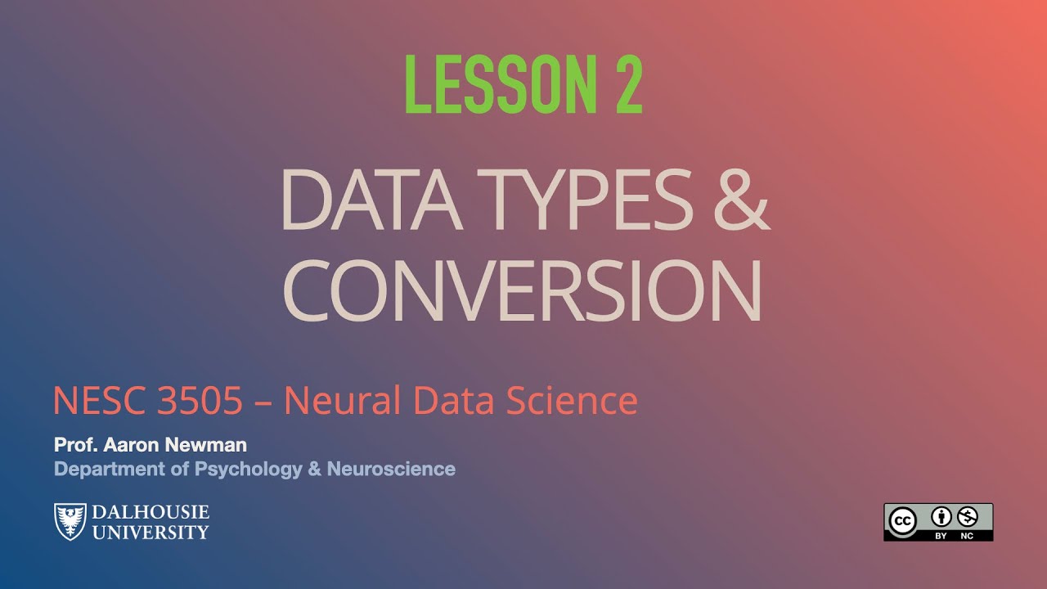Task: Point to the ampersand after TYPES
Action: click(x=741, y=200)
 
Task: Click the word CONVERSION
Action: click(x=523, y=290)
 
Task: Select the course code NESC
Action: click(x=97, y=401)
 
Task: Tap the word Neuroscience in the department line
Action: click(x=391, y=470)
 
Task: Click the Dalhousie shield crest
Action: click(x=70, y=521)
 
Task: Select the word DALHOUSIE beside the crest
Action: click(x=151, y=513)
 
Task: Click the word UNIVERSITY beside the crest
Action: click(x=151, y=532)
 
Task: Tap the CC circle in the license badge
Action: click(x=903, y=520)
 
